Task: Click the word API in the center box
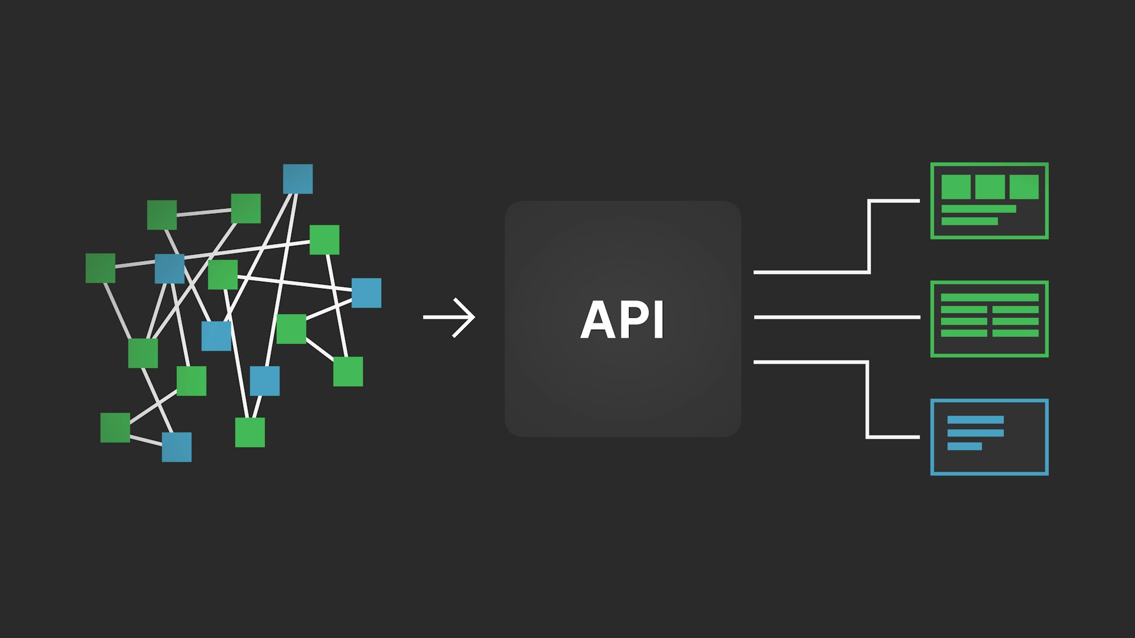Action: pyautogui.click(x=622, y=320)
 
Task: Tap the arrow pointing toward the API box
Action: pyautogui.click(x=449, y=317)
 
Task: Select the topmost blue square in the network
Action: pyautogui.click(x=297, y=179)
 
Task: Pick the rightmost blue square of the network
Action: pyautogui.click(x=367, y=293)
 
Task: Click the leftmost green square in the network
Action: pyautogui.click(x=100, y=268)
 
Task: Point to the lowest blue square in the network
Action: pyautogui.click(x=177, y=447)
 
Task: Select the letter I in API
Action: pyautogui.click(x=659, y=320)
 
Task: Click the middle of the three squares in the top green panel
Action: pyautogui.click(x=990, y=187)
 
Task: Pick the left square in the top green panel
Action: pyautogui.click(x=956, y=187)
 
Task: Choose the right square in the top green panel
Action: pyautogui.click(x=1024, y=187)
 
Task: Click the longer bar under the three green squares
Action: pyautogui.click(x=978, y=209)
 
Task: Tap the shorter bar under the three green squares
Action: pyautogui.click(x=969, y=222)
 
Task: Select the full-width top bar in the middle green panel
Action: pyautogui.click(x=990, y=298)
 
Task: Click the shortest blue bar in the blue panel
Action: pyautogui.click(x=964, y=447)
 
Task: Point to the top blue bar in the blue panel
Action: pyautogui.click(x=975, y=420)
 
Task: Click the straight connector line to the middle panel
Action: pyautogui.click(x=836, y=317)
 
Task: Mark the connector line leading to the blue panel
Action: pyautogui.click(x=867, y=402)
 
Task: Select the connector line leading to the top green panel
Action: pyautogui.click(x=869, y=236)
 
